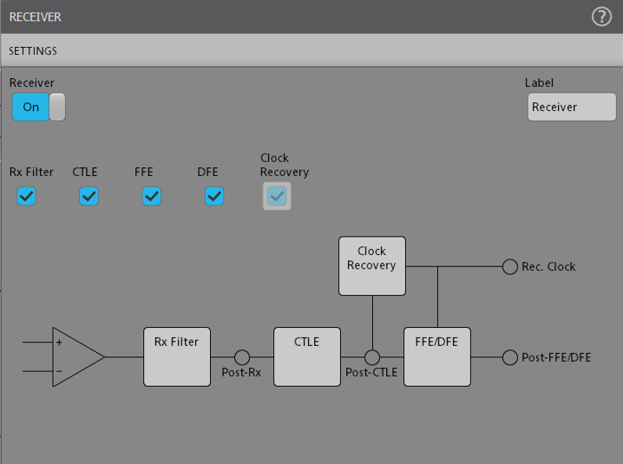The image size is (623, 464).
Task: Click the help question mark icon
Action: (x=602, y=17)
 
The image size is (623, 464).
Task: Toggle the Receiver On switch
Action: (x=38, y=107)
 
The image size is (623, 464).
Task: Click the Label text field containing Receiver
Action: (x=571, y=107)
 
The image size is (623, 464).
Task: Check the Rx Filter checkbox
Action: (x=27, y=196)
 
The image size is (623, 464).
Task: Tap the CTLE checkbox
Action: (x=89, y=196)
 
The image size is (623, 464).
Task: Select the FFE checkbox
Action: (x=152, y=196)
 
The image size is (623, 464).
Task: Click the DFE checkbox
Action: (x=214, y=196)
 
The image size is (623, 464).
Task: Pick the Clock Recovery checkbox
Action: (x=277, y=196)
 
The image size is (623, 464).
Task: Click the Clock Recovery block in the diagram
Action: (x=372, y=266)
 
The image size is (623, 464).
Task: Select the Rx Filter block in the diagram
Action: (x=177, y=356)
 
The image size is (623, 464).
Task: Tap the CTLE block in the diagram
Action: (x=307, y=356)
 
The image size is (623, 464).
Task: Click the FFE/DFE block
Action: (x=437, y=356)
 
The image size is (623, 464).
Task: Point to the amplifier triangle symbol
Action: (x=76, y=356)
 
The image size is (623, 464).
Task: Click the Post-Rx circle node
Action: (x=242, y=356)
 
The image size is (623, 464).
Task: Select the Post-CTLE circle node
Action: (x=372, y=356)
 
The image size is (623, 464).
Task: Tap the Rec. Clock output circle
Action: (x=510, y=267)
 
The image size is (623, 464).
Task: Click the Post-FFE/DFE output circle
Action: (x=510, y=357)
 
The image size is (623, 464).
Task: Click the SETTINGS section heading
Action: (x=33, y=52)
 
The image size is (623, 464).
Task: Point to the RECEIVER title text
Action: (x=36, y=17)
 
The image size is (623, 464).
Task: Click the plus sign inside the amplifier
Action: (x=60, y=342)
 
